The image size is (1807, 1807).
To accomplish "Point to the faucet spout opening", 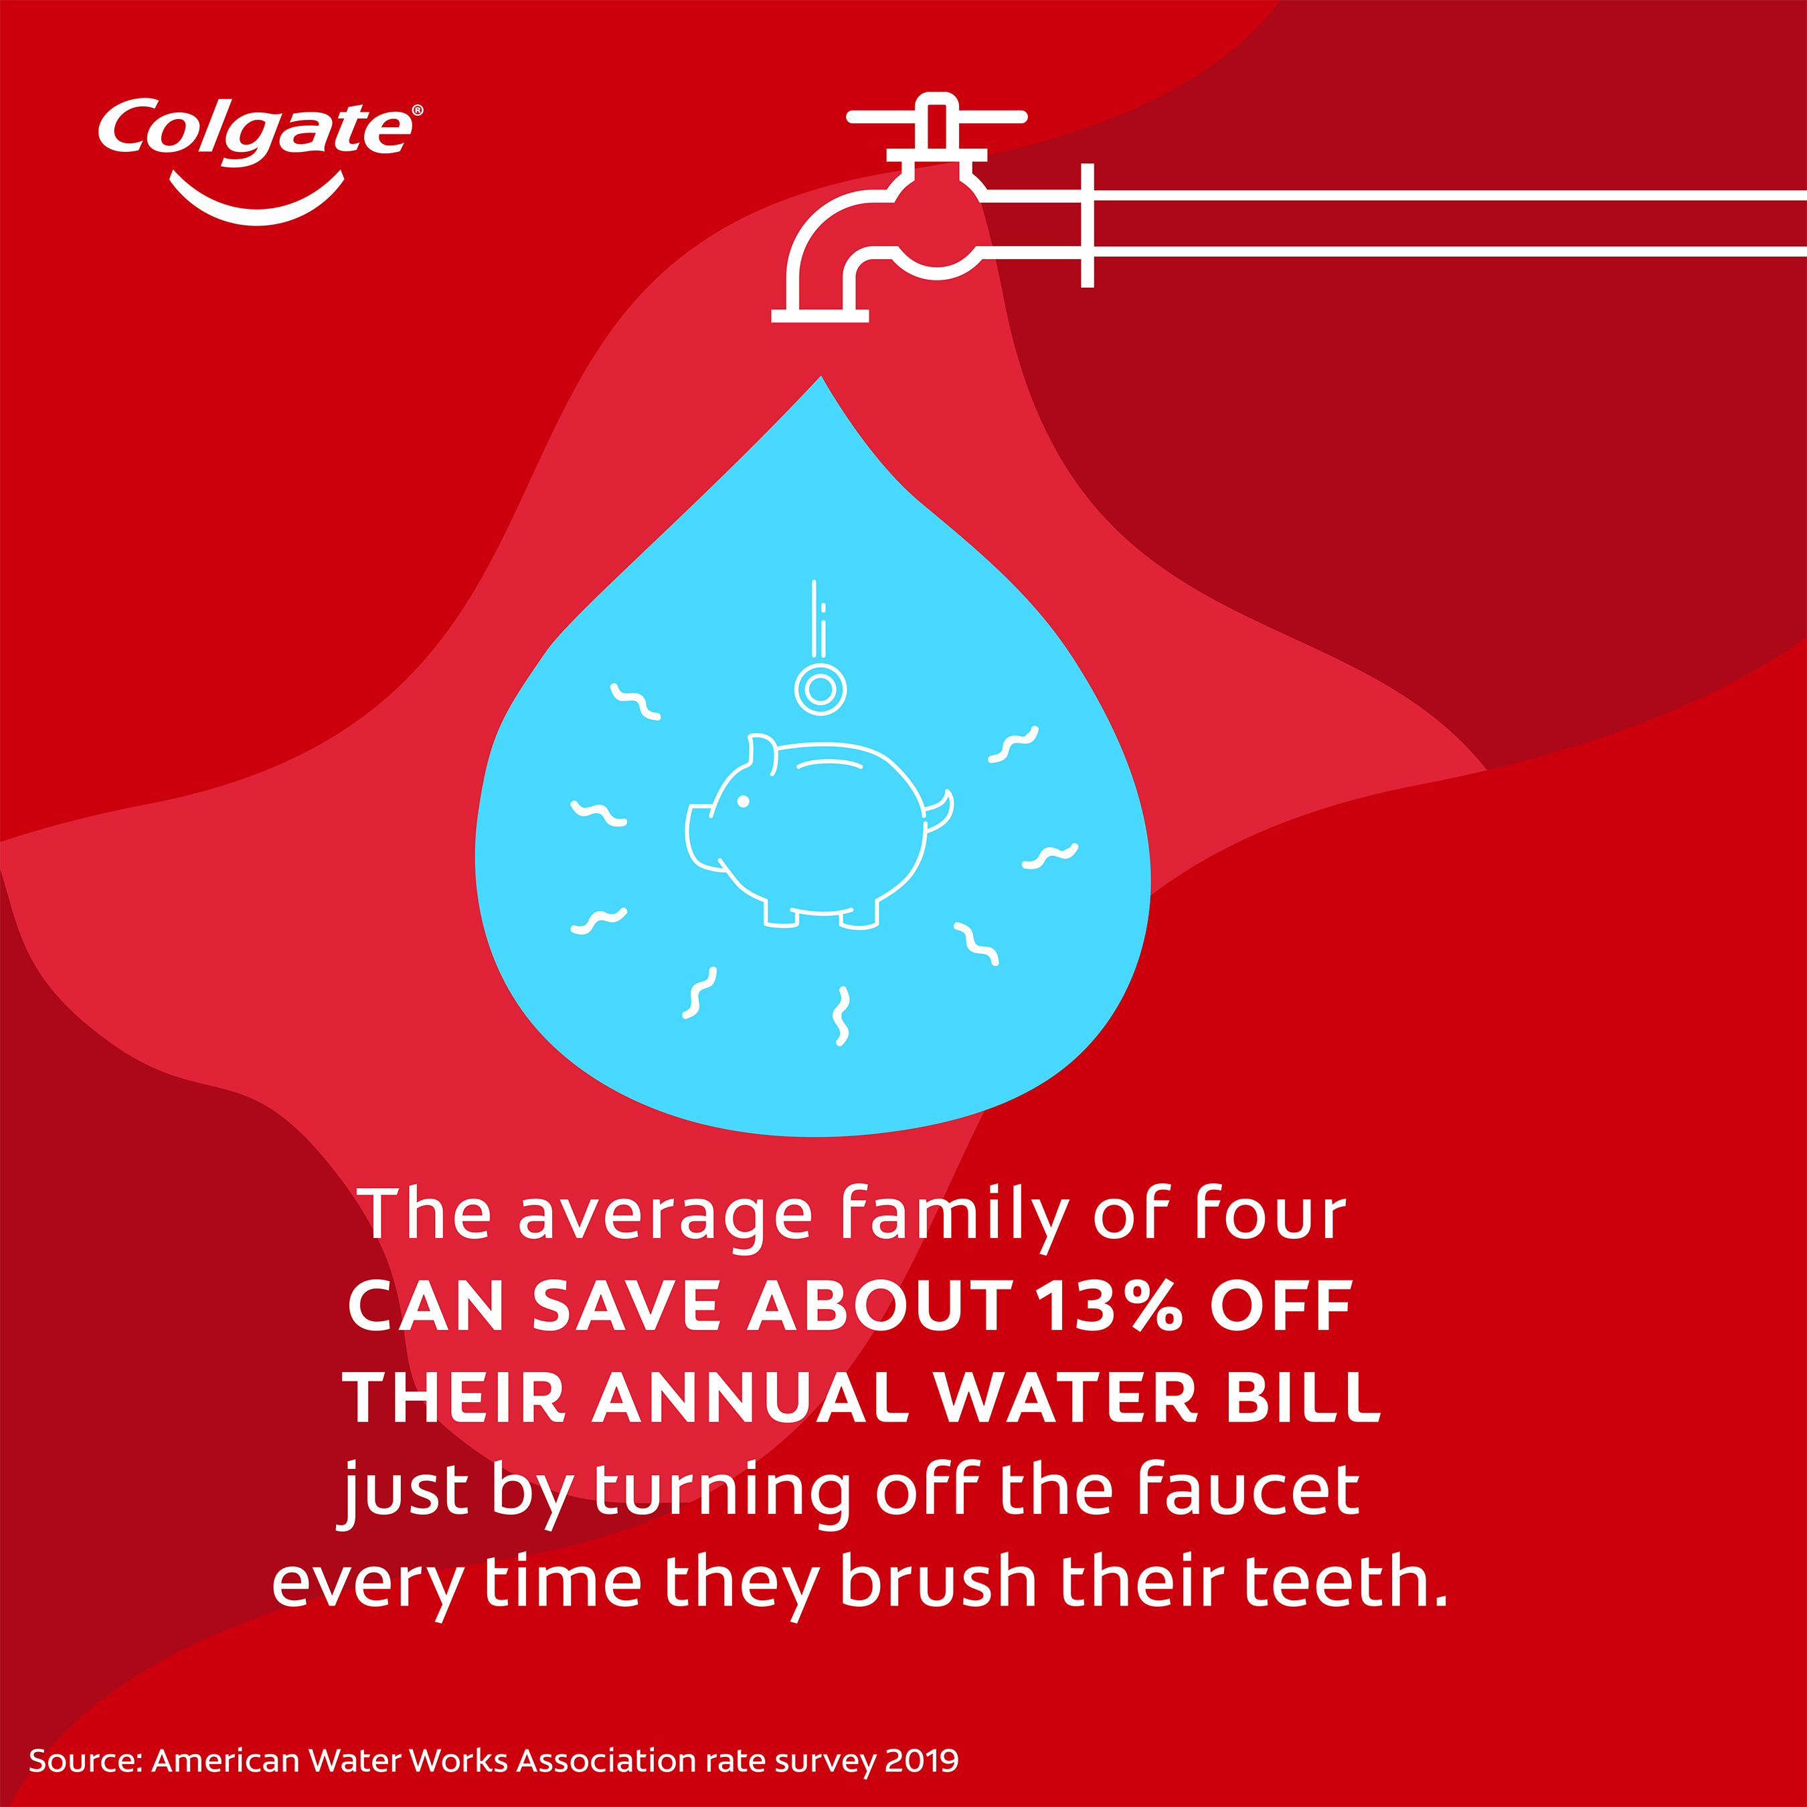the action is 819,316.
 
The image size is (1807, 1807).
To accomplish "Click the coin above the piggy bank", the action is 821,689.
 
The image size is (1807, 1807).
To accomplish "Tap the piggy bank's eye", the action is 744,802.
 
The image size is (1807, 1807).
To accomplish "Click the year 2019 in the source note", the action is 922,1760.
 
